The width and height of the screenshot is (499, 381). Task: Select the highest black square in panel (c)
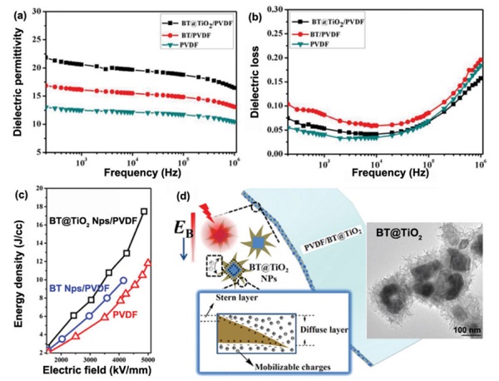[x=145, y=211]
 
